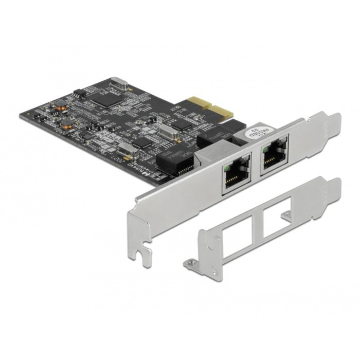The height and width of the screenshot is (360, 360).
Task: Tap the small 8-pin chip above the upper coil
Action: click(x=77, y=93)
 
